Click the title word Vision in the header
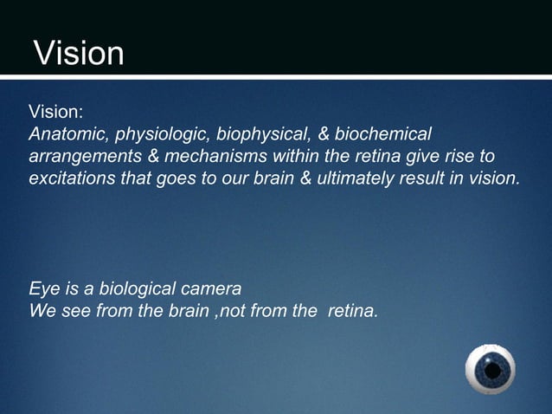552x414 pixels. click(79, 54)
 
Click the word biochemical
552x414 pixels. click(382, 135)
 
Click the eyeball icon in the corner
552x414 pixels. click(491, 370)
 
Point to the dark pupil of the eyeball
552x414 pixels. click(492, 371)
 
